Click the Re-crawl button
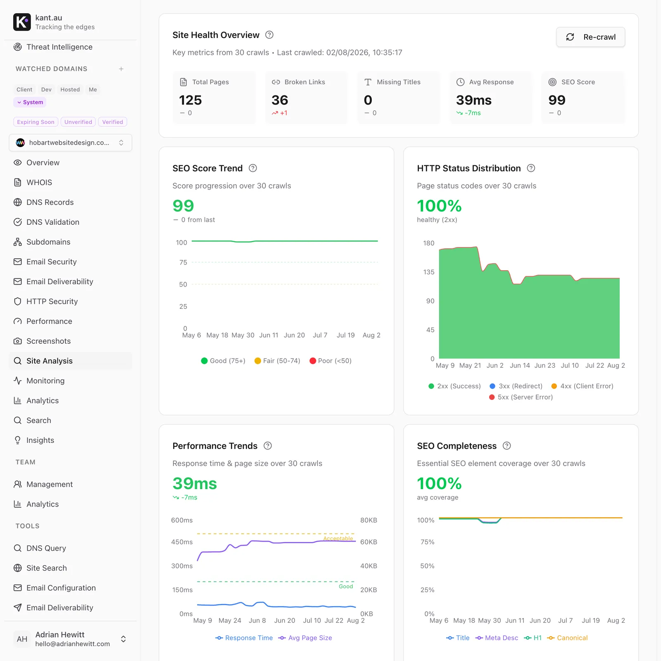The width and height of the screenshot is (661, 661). pyautogui.click(x=590, y=37)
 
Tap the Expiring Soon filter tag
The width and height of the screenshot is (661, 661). pyautogui.click(x=36, y=122)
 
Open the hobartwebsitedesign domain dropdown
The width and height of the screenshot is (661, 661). pyautogui.click(x=70, y=143)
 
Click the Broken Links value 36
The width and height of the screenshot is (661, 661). pyautogui.click(x=280, y=100)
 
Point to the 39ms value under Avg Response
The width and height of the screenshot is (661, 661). pyautogui.click(x=474, y=100)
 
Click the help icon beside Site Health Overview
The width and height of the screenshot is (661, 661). pyautogui.click(x=269, y=35)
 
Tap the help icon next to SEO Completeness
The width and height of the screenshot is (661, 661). pyautogui.click(x=507, y=446)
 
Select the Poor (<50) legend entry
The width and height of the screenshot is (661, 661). pyautogui.click(x=330, y=361)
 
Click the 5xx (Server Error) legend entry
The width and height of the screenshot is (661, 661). pyautogui.click(x=521, y=397)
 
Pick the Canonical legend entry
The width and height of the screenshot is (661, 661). pyautogui.click(x=567, y=638)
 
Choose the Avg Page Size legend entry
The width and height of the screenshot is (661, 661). pyautogui.click(x=305, y=638)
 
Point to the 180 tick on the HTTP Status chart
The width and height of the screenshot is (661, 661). pyautogui.click(x=429, y=243)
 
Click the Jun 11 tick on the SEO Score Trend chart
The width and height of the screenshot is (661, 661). pyautogui.click(x=269, y=335)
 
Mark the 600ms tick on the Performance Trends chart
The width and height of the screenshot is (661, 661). pyautogui.click(x=182, y=520)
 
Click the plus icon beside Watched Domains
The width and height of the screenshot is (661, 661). pyautogui.click(x=121, y=69)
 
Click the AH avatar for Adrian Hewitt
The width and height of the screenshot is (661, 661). pyautogui.click(x=22, y=639)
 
